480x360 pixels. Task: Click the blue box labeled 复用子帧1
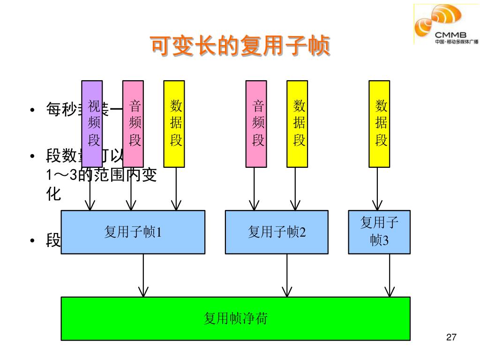pyautogui.click(x=133, y=232)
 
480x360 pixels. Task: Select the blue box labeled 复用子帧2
pyautogui.click(x=277, y=232)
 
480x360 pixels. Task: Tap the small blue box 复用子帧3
pyautogui.click(x=379, y=232)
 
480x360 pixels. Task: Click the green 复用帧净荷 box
pyautogui.click(x=235, y=318)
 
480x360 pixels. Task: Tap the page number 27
pyautogui.click(x=451, y=337)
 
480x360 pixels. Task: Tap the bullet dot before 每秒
pyautogui.click(x=31, y=110)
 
